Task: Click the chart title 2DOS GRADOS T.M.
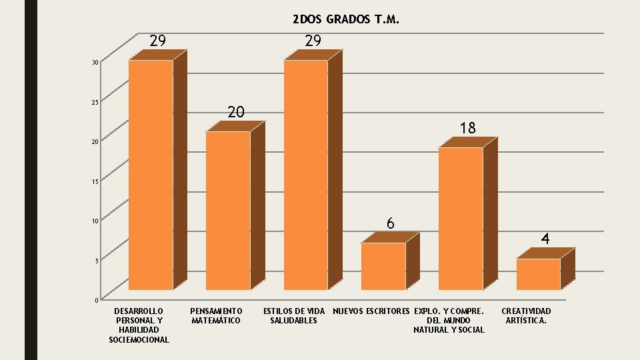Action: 346,20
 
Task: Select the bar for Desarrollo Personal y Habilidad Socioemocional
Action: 151,175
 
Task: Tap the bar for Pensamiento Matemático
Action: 228,211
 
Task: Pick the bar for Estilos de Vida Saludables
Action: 306,175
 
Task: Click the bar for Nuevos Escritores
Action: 383,266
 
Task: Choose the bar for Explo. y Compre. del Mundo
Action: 461,219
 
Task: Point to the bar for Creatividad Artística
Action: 538,274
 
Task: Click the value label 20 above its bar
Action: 236,112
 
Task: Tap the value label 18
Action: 468,128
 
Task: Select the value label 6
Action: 391,223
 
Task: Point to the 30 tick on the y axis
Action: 96,63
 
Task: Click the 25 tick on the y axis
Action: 96,102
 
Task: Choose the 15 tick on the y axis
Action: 96,181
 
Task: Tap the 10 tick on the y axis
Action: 96,221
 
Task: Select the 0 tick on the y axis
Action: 97,300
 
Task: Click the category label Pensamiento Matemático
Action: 216,316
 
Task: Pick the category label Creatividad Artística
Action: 526,316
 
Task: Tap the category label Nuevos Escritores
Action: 371,311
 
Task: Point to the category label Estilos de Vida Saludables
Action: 294,316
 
